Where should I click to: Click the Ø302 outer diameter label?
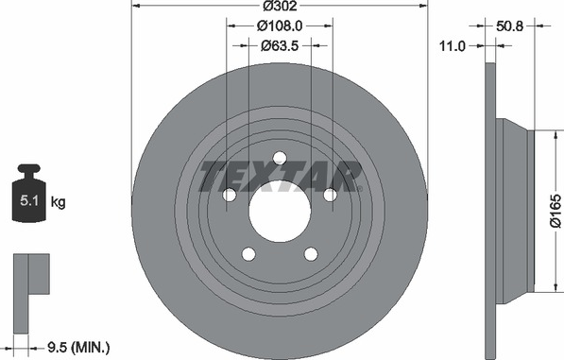pos(280,6)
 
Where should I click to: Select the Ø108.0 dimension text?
pos(280,26)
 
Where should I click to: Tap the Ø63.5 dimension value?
pos(280,46)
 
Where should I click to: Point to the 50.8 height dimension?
pos(510,26)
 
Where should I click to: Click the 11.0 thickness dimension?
pos(453,46)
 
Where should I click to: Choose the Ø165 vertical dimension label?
pos(555,211)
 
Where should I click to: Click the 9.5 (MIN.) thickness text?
pos(78,348)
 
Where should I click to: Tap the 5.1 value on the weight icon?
pos(29,200)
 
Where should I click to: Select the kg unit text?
pos(58,201)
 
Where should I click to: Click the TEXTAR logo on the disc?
pos(281,177)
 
